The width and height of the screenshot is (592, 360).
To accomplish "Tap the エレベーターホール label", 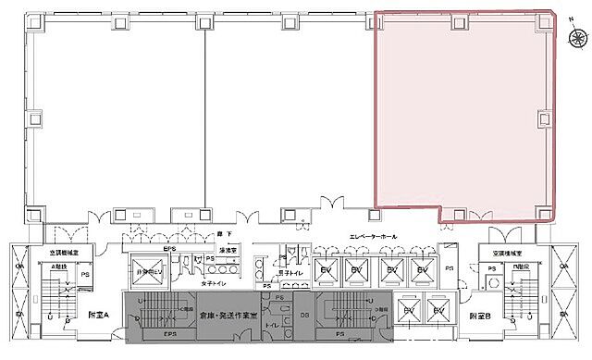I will (373, 238).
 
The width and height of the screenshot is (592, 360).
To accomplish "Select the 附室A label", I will (99, 315).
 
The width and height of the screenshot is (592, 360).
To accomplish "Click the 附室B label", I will (479, 315).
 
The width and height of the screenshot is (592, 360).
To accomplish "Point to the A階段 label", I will (35, 265).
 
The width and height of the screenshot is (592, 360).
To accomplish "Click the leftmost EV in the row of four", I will (326, 270).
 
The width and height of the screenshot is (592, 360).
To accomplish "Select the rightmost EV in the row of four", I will (423, 270).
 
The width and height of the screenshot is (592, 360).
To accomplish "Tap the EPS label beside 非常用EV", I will (169, 249).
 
